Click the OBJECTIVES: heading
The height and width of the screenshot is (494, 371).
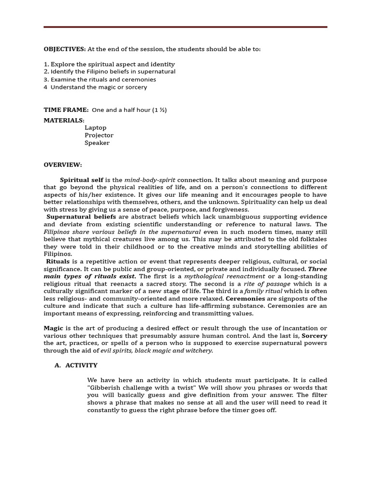65,49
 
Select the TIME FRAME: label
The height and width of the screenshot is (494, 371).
66,110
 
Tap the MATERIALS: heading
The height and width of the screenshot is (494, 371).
64,120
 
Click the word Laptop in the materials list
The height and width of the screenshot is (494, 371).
95,128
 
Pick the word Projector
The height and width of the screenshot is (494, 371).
99,136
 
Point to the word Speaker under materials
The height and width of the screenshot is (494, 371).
97,143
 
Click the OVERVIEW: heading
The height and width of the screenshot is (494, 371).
63,165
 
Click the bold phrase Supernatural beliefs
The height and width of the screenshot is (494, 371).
81,217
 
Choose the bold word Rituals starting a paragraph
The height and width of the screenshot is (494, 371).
58,261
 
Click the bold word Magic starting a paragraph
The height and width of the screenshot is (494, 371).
54,329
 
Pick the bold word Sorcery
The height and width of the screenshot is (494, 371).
314,336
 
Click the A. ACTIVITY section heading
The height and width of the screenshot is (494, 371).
76,366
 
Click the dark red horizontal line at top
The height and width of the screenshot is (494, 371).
185,27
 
